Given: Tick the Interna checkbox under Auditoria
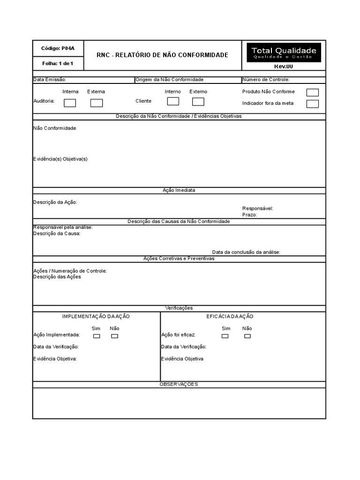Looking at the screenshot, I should [x=70, y=103].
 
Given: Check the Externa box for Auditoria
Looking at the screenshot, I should [x=97, y=103].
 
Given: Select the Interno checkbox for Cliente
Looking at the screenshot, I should [x=173, y=101].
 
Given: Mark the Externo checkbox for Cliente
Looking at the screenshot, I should [x=198, y=101].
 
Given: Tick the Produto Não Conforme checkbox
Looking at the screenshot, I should [x=312, y=92].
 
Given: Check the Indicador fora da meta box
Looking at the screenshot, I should [x=312, y=104].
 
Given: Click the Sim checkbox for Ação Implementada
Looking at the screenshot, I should [x=96, y=336].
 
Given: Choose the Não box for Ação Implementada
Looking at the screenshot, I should [x=114, y=336].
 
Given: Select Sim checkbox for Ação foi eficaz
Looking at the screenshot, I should [x=225, y=336].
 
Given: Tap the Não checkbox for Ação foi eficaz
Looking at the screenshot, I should [x=247, y=336].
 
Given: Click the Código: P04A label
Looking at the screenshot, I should [x=58, y=48].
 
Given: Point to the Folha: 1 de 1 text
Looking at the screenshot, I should [x=58, y=63].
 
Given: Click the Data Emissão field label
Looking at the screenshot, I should [x=50, y=80].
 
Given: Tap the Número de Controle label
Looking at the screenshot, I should [x=266, y=80].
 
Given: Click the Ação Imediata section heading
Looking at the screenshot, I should [x=179, y=190].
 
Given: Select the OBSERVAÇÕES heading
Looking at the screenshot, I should [x=179, y=384].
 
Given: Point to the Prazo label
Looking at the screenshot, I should [x=250, y=215].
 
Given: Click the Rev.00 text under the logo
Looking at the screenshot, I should [x=284, y=67].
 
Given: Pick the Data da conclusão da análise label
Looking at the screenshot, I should [x=246, y=252].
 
